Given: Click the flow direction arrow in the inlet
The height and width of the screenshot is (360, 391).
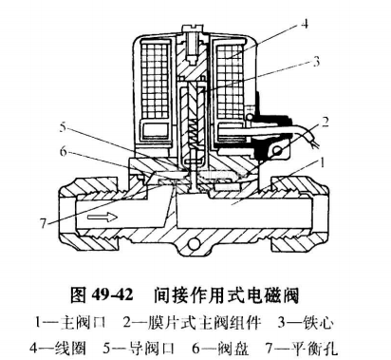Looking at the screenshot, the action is [102, 218].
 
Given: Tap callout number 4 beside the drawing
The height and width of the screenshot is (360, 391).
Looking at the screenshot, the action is [304, 24].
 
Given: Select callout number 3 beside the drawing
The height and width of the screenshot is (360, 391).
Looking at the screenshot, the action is [316, 61].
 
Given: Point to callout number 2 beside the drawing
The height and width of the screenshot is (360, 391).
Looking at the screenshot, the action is [325, 122].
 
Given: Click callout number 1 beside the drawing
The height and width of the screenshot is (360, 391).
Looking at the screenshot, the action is [322, 163].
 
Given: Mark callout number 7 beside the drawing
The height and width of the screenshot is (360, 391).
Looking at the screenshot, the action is [44, 224].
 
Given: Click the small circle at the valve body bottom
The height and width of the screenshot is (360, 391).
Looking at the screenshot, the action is [193, 244].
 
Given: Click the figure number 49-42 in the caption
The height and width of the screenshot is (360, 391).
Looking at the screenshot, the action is [112, 295].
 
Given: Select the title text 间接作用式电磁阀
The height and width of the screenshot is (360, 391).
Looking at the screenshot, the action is [227, 295].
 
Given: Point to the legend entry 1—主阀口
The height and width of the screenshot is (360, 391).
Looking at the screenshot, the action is [70, 323].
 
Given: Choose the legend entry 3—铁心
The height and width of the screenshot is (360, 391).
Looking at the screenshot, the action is [306, 323].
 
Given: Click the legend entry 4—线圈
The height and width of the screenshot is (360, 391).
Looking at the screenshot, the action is [58, 349].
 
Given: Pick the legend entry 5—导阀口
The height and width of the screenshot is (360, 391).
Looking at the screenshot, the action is [139, 349].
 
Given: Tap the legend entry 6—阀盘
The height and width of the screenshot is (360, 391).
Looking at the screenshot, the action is [220, 349].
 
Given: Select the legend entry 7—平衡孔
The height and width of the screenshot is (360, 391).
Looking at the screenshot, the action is [302, 349].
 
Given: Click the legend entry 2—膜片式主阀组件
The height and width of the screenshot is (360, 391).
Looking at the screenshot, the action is [192, 323].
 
